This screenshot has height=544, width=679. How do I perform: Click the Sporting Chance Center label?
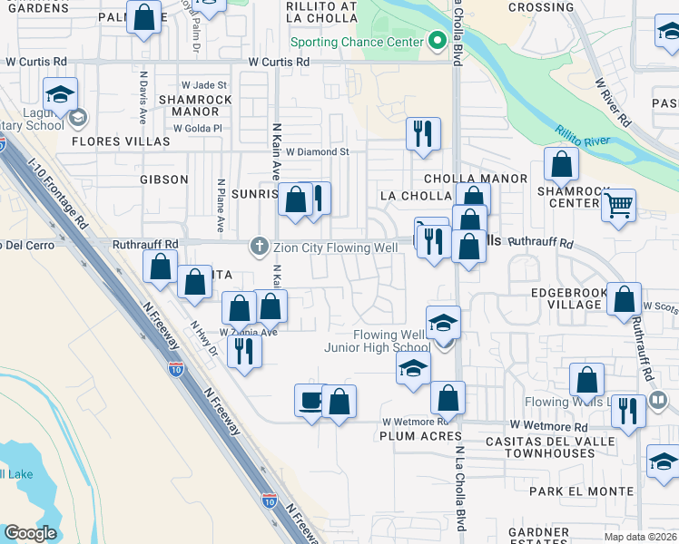tap(357, 42)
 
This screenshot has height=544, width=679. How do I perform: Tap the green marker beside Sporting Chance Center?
tap(437, 41)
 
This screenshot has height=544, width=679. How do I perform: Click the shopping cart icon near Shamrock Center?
tap(618, 205)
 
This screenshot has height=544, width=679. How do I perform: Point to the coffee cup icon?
tap(310, 400)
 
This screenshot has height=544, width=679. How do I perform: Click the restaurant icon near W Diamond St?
tap(423, 133)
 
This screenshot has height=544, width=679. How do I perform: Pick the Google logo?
tap(31, 533)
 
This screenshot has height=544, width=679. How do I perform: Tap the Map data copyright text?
tap(640, 536)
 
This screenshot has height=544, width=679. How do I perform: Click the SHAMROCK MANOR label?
tap(189, 105)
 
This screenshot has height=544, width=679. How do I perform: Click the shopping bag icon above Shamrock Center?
tap(562, 164)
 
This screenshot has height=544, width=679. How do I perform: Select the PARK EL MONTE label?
tap(581, 491)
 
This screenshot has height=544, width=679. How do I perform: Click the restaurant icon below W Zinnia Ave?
tap(242, 350)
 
